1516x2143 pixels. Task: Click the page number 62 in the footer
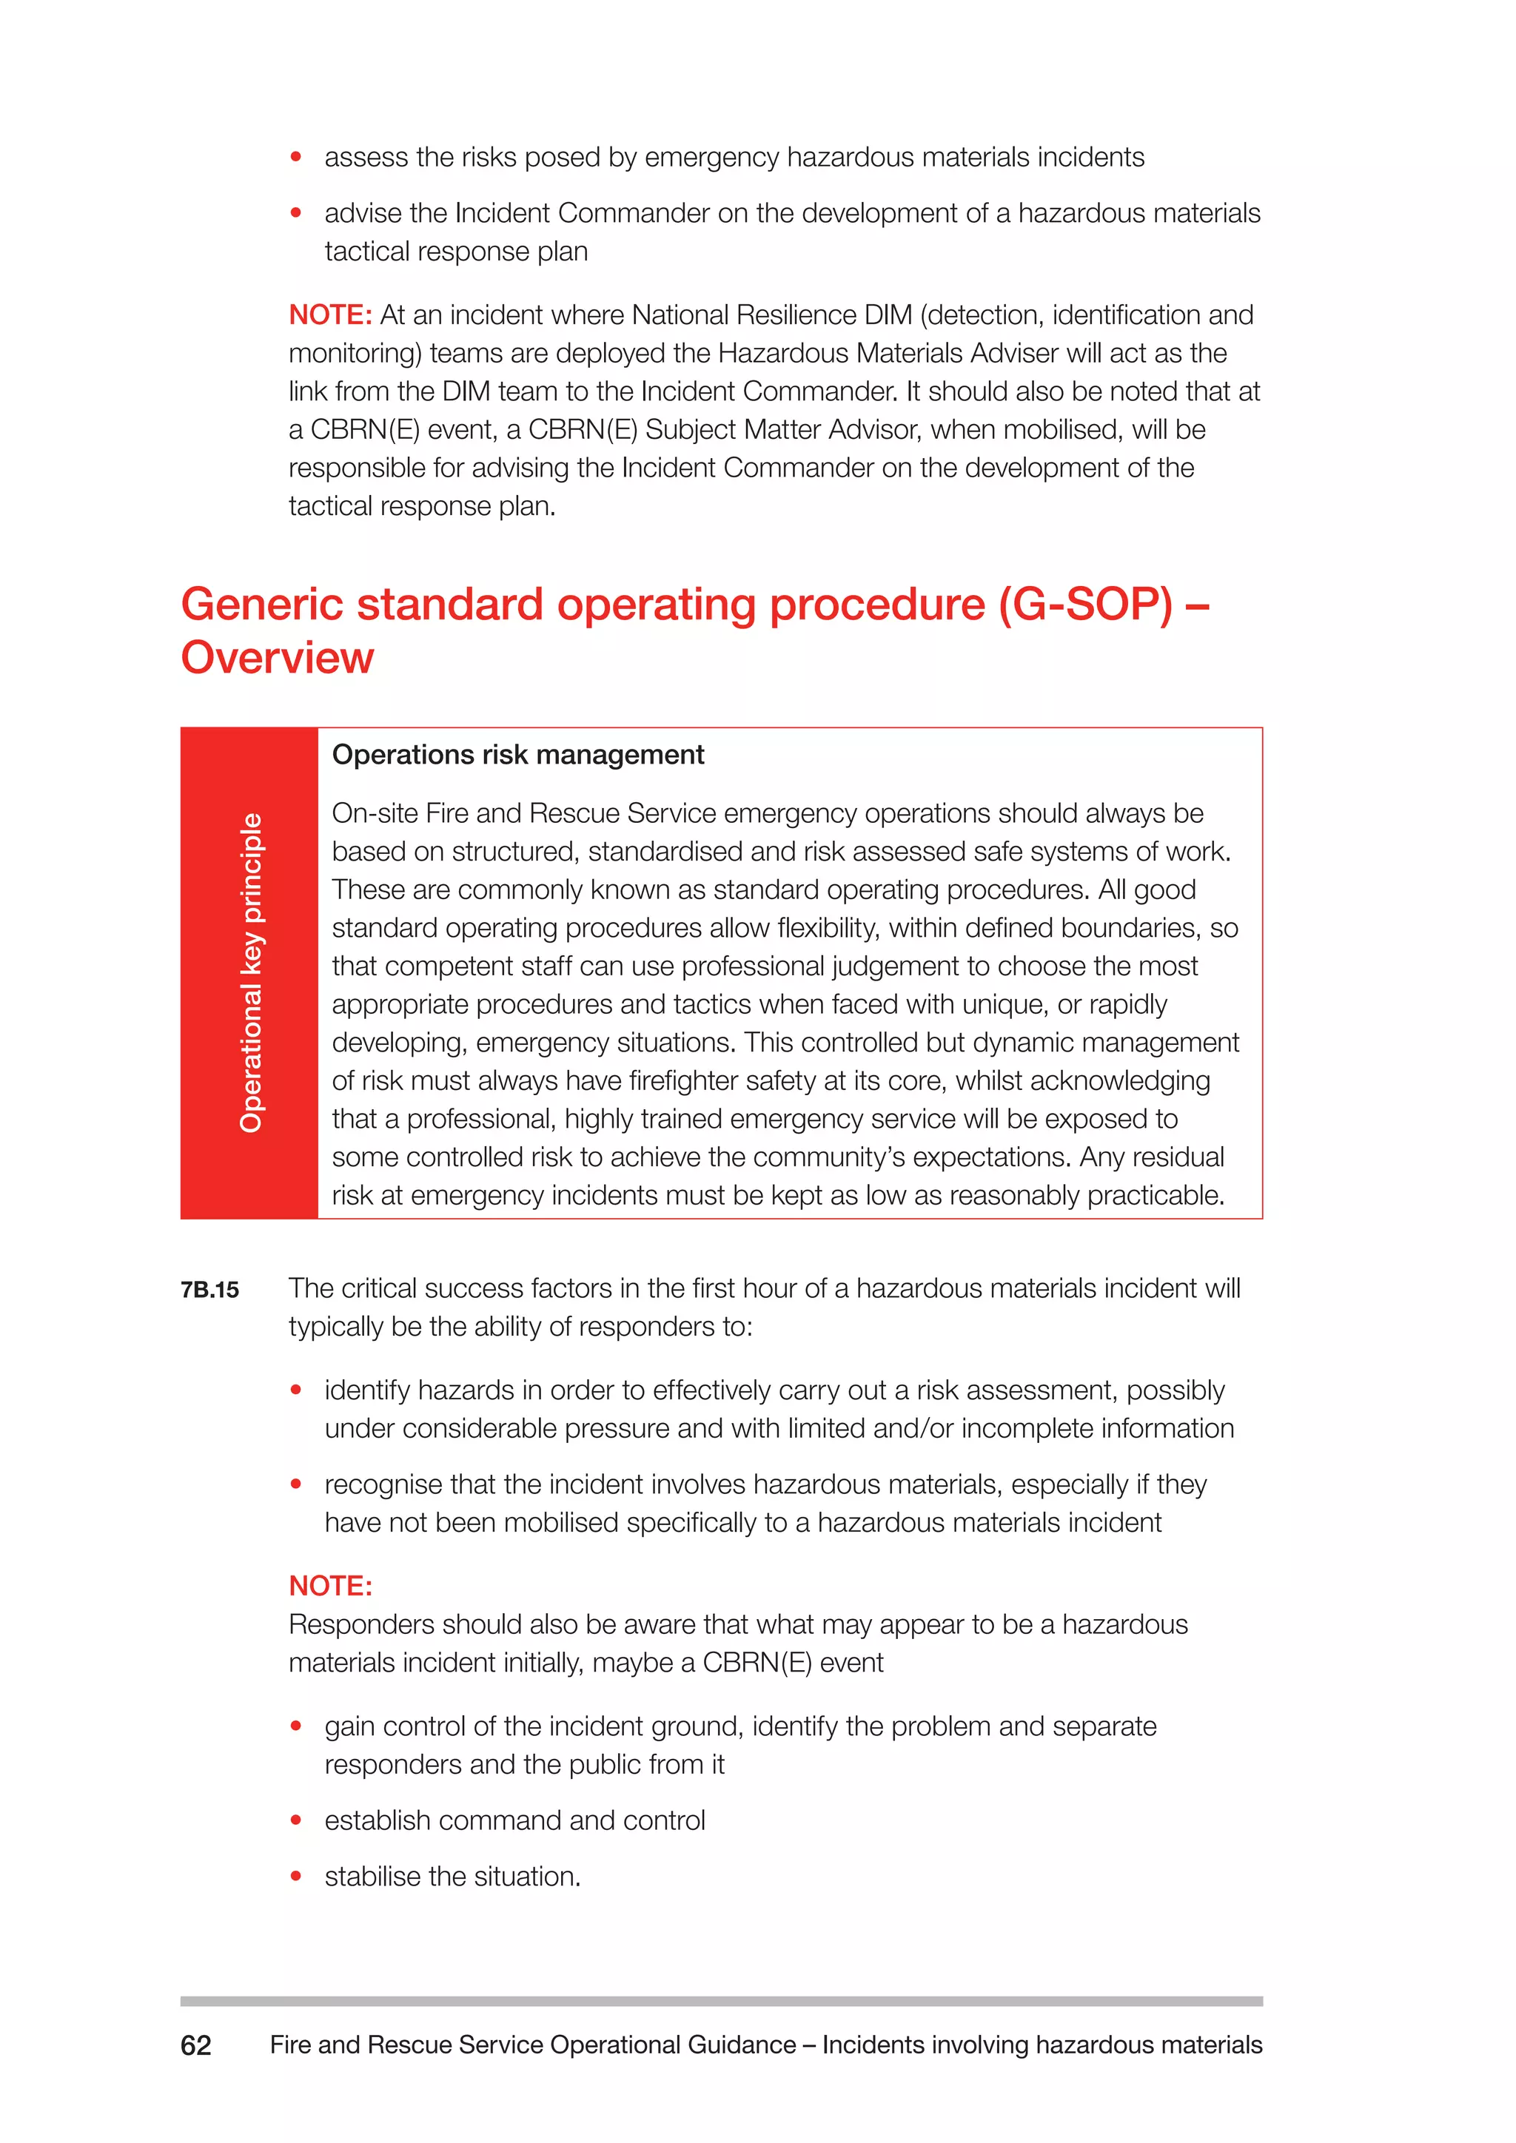pos(196,2045)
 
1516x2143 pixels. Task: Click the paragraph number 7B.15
pos(210,1290)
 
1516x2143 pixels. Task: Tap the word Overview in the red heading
pos(278,658)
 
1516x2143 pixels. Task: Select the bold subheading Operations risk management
pos(518,754)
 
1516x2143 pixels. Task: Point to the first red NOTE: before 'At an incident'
pos(330,315)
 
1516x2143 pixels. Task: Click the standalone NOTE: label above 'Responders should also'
pos(330,1586)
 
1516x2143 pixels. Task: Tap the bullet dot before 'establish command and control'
pos(296,1820)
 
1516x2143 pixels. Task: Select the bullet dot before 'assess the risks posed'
pos(296,157)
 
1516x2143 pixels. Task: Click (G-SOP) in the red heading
pos(1084,605)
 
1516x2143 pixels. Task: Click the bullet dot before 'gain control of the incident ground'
pos(296,1726)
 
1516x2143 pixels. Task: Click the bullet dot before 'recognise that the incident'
pos(296,1484)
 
